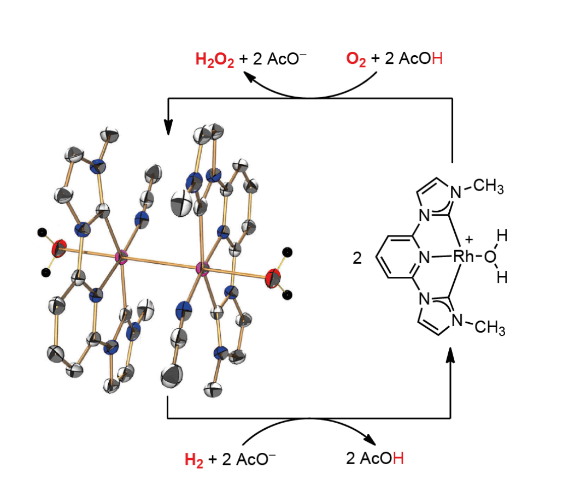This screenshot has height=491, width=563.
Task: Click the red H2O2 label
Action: point(215,60)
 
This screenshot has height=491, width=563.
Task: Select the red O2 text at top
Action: point(356,60)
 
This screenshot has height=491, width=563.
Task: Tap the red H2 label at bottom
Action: point(194,460)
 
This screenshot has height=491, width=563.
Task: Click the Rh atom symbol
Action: point(464,257)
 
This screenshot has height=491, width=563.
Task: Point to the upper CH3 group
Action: point(488,186)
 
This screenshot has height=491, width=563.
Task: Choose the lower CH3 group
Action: point(490,328)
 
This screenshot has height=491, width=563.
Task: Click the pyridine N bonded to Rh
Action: point(424,257)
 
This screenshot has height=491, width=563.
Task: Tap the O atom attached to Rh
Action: point(490,257)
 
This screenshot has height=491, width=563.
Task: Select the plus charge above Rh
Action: point(468,239)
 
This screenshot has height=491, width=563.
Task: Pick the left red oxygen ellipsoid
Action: point(59,248)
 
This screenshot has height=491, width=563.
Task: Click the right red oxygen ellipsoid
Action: point(273,279)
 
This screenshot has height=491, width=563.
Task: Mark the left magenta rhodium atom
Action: point(121,257)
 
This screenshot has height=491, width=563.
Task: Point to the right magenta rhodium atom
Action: point(203,269)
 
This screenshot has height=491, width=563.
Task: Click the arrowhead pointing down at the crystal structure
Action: point(168,127)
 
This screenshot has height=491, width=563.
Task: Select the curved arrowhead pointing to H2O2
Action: point(250,76)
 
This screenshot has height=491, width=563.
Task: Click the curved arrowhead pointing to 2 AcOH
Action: point(370,439)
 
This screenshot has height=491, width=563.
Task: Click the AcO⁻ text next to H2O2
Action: point(286,59)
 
